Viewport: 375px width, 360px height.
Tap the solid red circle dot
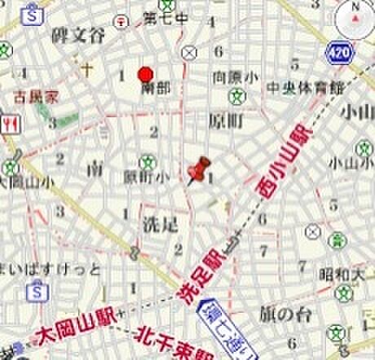[145, 72]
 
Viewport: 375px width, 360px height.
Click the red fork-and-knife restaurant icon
[11, 122]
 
